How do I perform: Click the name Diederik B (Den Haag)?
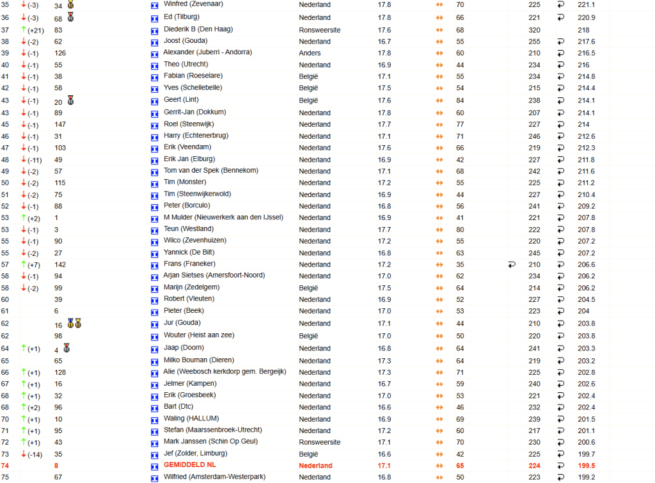[x=198, y=29]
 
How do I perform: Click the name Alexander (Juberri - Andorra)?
[x=207, y=52]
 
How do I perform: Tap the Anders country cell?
[x=310, y=53]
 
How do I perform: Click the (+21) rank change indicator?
[x=35, y=30]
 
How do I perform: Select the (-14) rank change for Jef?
[x=35, y=454]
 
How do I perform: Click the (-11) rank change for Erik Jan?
[x=35, y=160]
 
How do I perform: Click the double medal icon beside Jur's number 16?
[x=74, y=324]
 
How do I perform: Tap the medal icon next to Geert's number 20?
[x=70, y=100]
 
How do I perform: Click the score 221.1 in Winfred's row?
[x=586, y=4]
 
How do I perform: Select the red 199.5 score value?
[x=586, y=466]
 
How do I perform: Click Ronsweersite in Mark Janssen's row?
[x=319, y=442]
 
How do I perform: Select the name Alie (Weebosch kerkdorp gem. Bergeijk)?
[x=225, y=372]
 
